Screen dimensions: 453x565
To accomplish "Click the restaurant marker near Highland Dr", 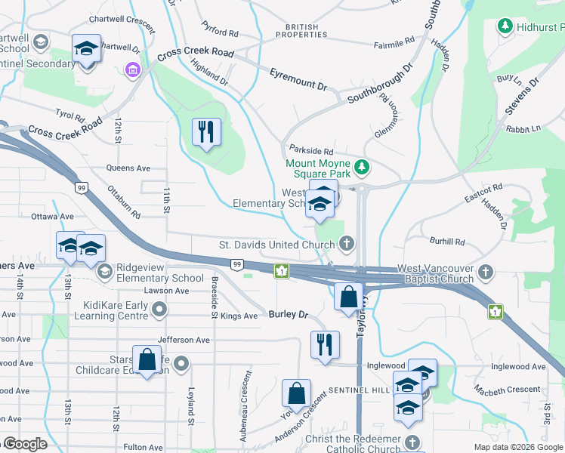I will pos(205,133).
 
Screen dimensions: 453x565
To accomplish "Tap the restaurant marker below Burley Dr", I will pos(325,346).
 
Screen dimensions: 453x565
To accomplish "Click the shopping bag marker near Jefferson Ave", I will pos(147,359).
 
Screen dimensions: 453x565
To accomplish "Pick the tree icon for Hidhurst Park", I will pos(505,27).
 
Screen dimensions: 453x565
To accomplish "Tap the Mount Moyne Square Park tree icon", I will pos(363,165).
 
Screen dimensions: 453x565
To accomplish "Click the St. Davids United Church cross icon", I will pos(346,243).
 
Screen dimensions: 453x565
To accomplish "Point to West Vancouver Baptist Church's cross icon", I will pos(486,271).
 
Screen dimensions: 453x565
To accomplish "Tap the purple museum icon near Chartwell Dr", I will pos(133,70).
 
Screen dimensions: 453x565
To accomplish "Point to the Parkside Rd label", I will pos(307,149).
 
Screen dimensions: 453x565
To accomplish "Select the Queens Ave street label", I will pos(128,168).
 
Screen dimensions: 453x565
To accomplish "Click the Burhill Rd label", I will pos(447,242).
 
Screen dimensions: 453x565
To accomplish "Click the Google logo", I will pos(24,444).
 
